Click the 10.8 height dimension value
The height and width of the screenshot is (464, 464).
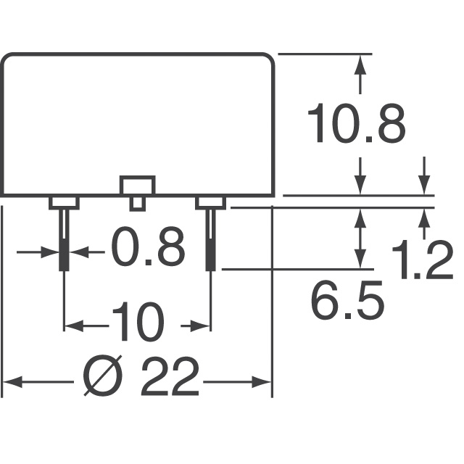point(357,123)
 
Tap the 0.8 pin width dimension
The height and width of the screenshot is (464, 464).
point(148,246)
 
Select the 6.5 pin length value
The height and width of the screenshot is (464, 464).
point(347,299)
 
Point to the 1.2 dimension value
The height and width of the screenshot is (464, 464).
point(423,260)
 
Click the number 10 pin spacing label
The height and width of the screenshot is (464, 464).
point(138,321)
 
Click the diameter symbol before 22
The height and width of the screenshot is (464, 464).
point(103,376)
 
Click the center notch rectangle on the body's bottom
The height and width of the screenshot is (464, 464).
point(137,186)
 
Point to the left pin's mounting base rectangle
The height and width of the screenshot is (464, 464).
point(64,203)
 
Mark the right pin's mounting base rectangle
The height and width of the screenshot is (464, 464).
point(211,203)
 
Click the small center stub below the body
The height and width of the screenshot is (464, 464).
point(138,204)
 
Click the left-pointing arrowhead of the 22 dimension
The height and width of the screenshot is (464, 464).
point(12,382)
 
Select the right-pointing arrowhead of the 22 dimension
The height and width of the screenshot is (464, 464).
point(262,382)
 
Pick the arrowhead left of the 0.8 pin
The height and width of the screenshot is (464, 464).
point(50,252)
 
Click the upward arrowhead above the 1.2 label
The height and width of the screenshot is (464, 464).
point(424,217)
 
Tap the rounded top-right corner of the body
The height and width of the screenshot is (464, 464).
point(270,59)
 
